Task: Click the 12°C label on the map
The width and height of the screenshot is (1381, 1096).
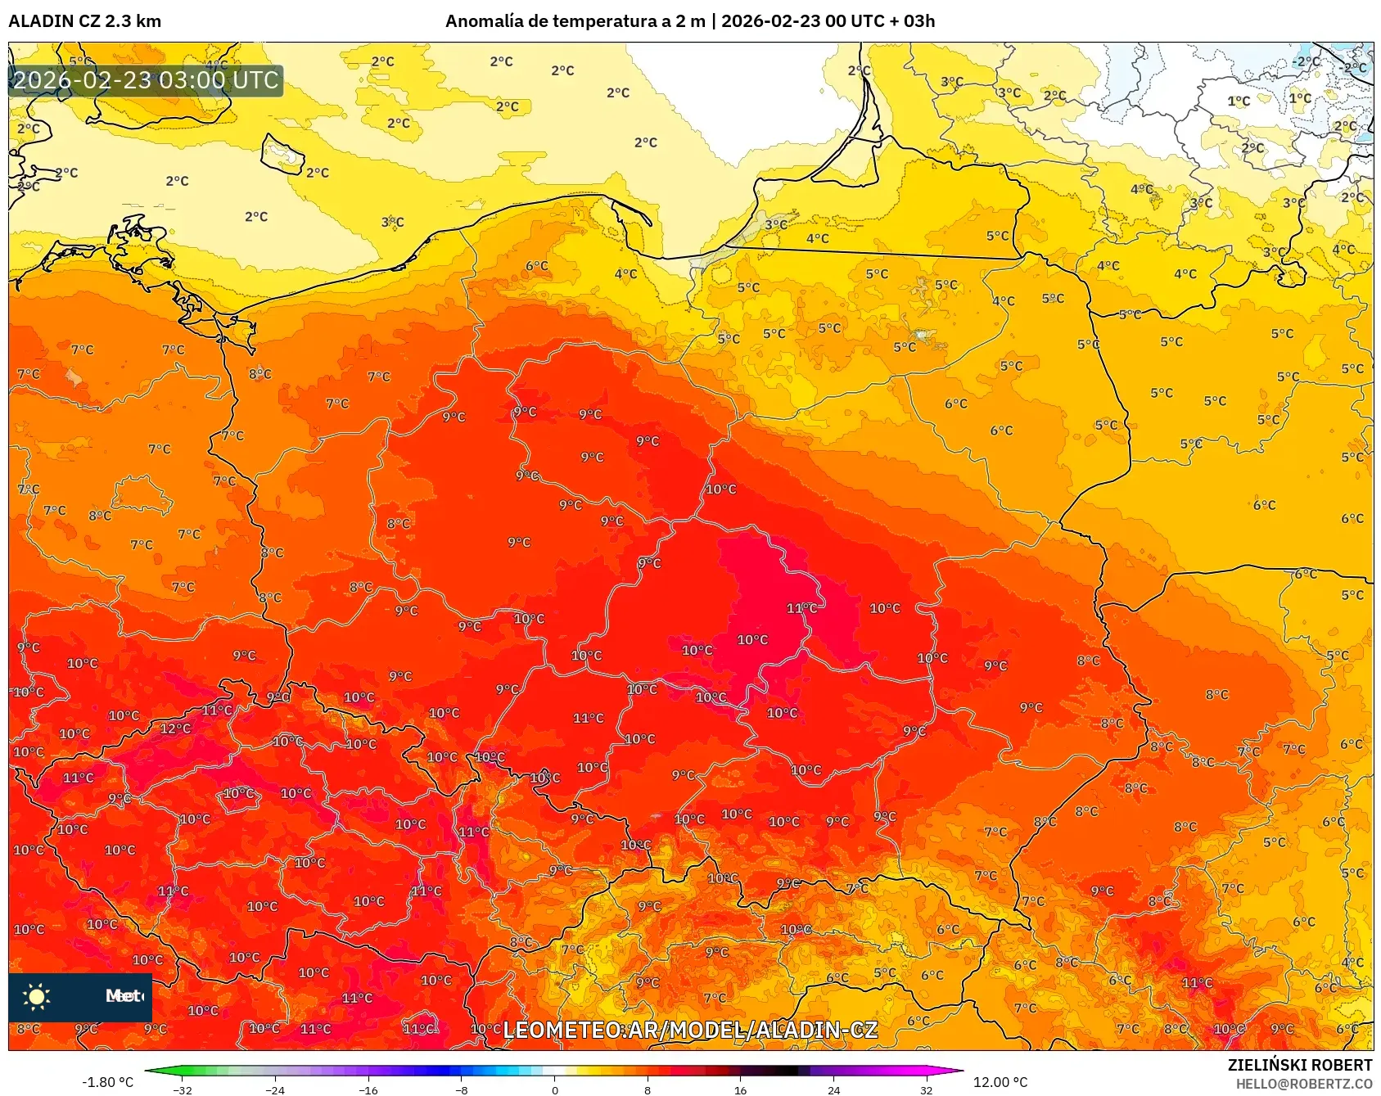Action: point(175,728)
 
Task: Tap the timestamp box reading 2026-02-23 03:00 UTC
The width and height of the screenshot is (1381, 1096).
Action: point(146,80)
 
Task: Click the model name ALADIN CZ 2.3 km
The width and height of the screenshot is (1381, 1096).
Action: point(85,21)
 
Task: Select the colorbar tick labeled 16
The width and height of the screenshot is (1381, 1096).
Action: point(740,1089)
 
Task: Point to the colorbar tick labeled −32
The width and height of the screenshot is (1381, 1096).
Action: point(183,1089)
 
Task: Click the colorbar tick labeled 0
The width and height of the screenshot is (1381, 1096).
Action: point(555,1089)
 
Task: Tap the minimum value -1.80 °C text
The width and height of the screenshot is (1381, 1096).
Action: point(107,1082)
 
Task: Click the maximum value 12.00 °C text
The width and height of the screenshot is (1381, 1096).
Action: point(1000,1082)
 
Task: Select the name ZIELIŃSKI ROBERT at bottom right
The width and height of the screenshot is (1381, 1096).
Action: point(1299,1065)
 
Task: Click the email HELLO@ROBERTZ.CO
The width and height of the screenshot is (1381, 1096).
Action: point(1303,1084)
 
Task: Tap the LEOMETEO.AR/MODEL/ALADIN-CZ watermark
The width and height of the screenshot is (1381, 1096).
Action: point(690,1030)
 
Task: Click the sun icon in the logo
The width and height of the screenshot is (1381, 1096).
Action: point(37,996)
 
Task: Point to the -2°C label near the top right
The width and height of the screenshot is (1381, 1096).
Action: point(1307,61)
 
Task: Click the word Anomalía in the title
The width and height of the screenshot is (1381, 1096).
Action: point(484,21)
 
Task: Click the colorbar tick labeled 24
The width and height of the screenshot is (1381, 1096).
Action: point(833,1089)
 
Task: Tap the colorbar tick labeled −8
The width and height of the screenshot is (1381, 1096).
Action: point(462,1089)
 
